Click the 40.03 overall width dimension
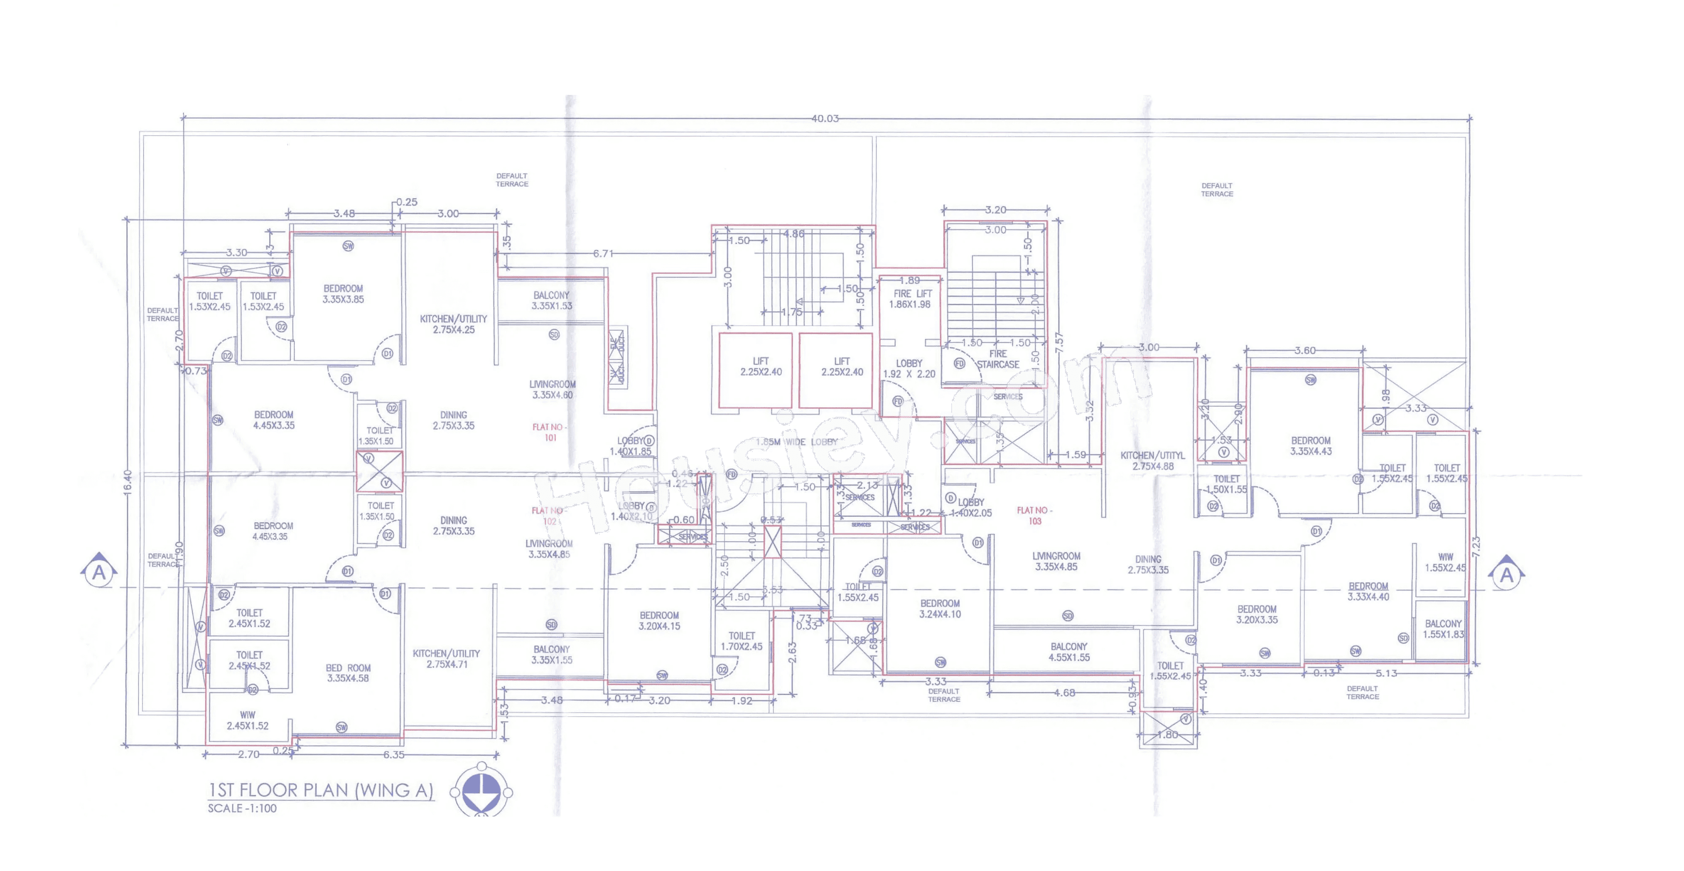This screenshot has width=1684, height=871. coord(824,118)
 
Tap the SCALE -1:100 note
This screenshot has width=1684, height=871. coord(242,808)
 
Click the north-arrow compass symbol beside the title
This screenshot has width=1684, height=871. coord(482,791)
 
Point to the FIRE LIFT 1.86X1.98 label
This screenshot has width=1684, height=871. coord(910,299)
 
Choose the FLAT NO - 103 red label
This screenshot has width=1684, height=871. coord(1034,515)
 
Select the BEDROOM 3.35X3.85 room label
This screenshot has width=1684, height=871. coord(343,293)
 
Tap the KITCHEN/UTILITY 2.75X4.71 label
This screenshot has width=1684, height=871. coord(446,658)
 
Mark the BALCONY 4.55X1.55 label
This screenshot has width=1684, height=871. coord(1069,652)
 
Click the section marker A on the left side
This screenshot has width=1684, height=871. coord(99,573)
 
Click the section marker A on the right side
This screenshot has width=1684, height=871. coord(1506,574)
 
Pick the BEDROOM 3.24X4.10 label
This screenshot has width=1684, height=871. coord(939,609)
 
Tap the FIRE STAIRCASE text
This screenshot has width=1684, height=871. coord(998,359)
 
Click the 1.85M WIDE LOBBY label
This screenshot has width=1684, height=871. coord(796,442)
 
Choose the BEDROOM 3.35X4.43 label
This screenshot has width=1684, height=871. coord(1311,446)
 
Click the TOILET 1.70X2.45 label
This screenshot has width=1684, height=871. coord(741,641)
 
